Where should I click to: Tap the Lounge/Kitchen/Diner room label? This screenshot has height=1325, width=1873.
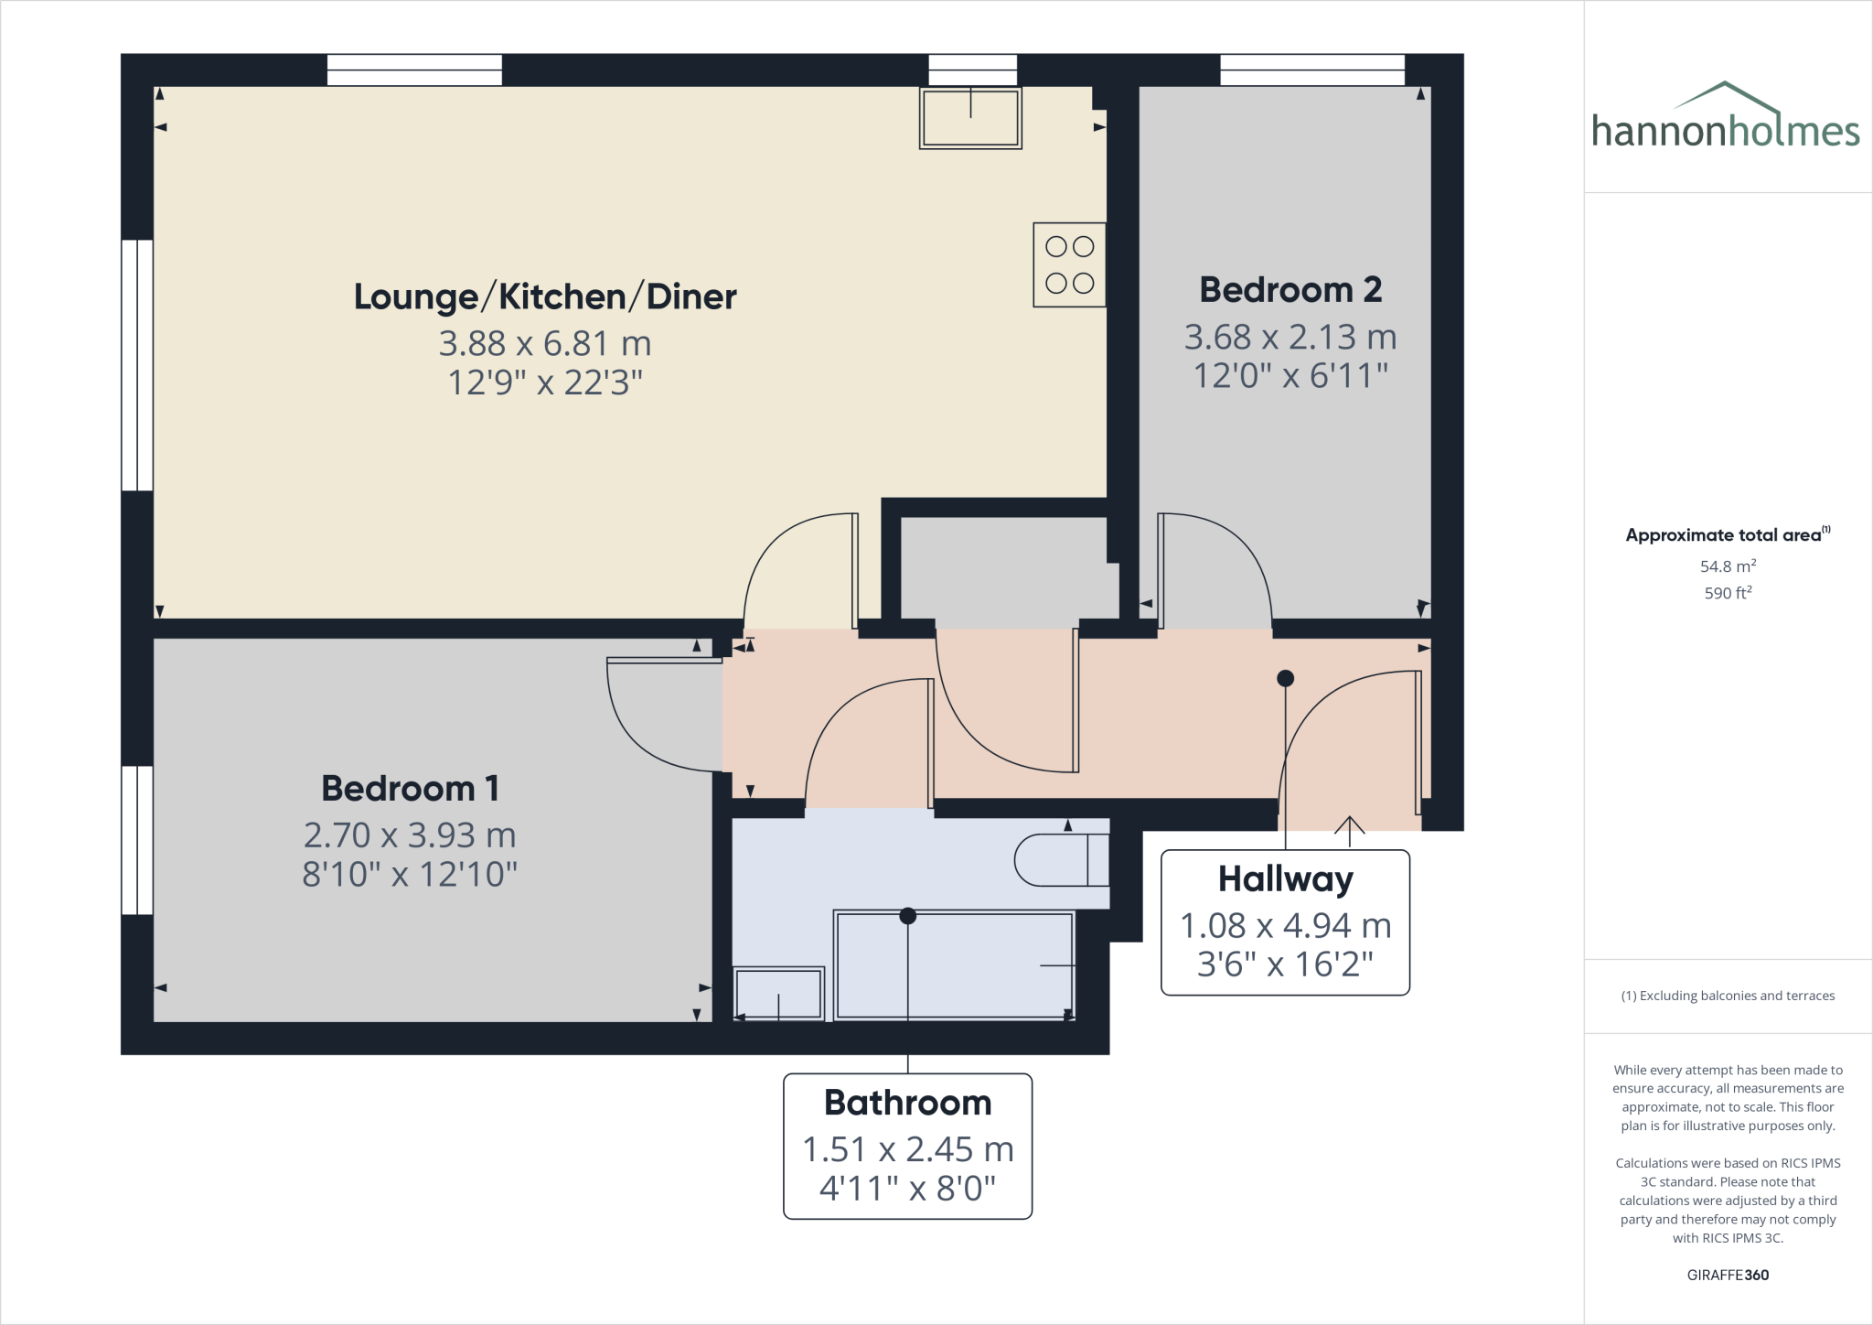point(545,297)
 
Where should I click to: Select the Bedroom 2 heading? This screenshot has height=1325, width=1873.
point(1290,290)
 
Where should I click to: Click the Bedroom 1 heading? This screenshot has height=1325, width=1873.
point(410,789)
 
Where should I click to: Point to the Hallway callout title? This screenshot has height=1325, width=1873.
point(1285,879)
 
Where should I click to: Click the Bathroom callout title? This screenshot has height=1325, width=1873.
point(907,1103)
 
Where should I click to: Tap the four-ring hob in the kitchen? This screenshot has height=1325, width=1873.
point(1069,264)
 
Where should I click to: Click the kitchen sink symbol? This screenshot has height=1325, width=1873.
point(970,118)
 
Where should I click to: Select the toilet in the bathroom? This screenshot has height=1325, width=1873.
point(1061,860)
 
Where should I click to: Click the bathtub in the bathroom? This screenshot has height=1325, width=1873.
point(954,965)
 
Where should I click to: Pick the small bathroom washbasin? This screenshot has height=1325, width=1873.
point(778,994)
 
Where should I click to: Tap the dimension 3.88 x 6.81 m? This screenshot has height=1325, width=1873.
point(545,344)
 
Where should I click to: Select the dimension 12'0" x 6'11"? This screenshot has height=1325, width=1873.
point(1290,376)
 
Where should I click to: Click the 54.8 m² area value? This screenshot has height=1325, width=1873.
point(1727,566)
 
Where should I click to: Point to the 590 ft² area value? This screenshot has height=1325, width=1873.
point(1727,593)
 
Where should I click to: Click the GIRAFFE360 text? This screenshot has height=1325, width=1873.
point(1727,1275)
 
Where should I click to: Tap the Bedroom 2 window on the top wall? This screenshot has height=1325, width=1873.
point(1311,70)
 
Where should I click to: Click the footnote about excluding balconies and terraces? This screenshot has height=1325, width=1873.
point(1727,996)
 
